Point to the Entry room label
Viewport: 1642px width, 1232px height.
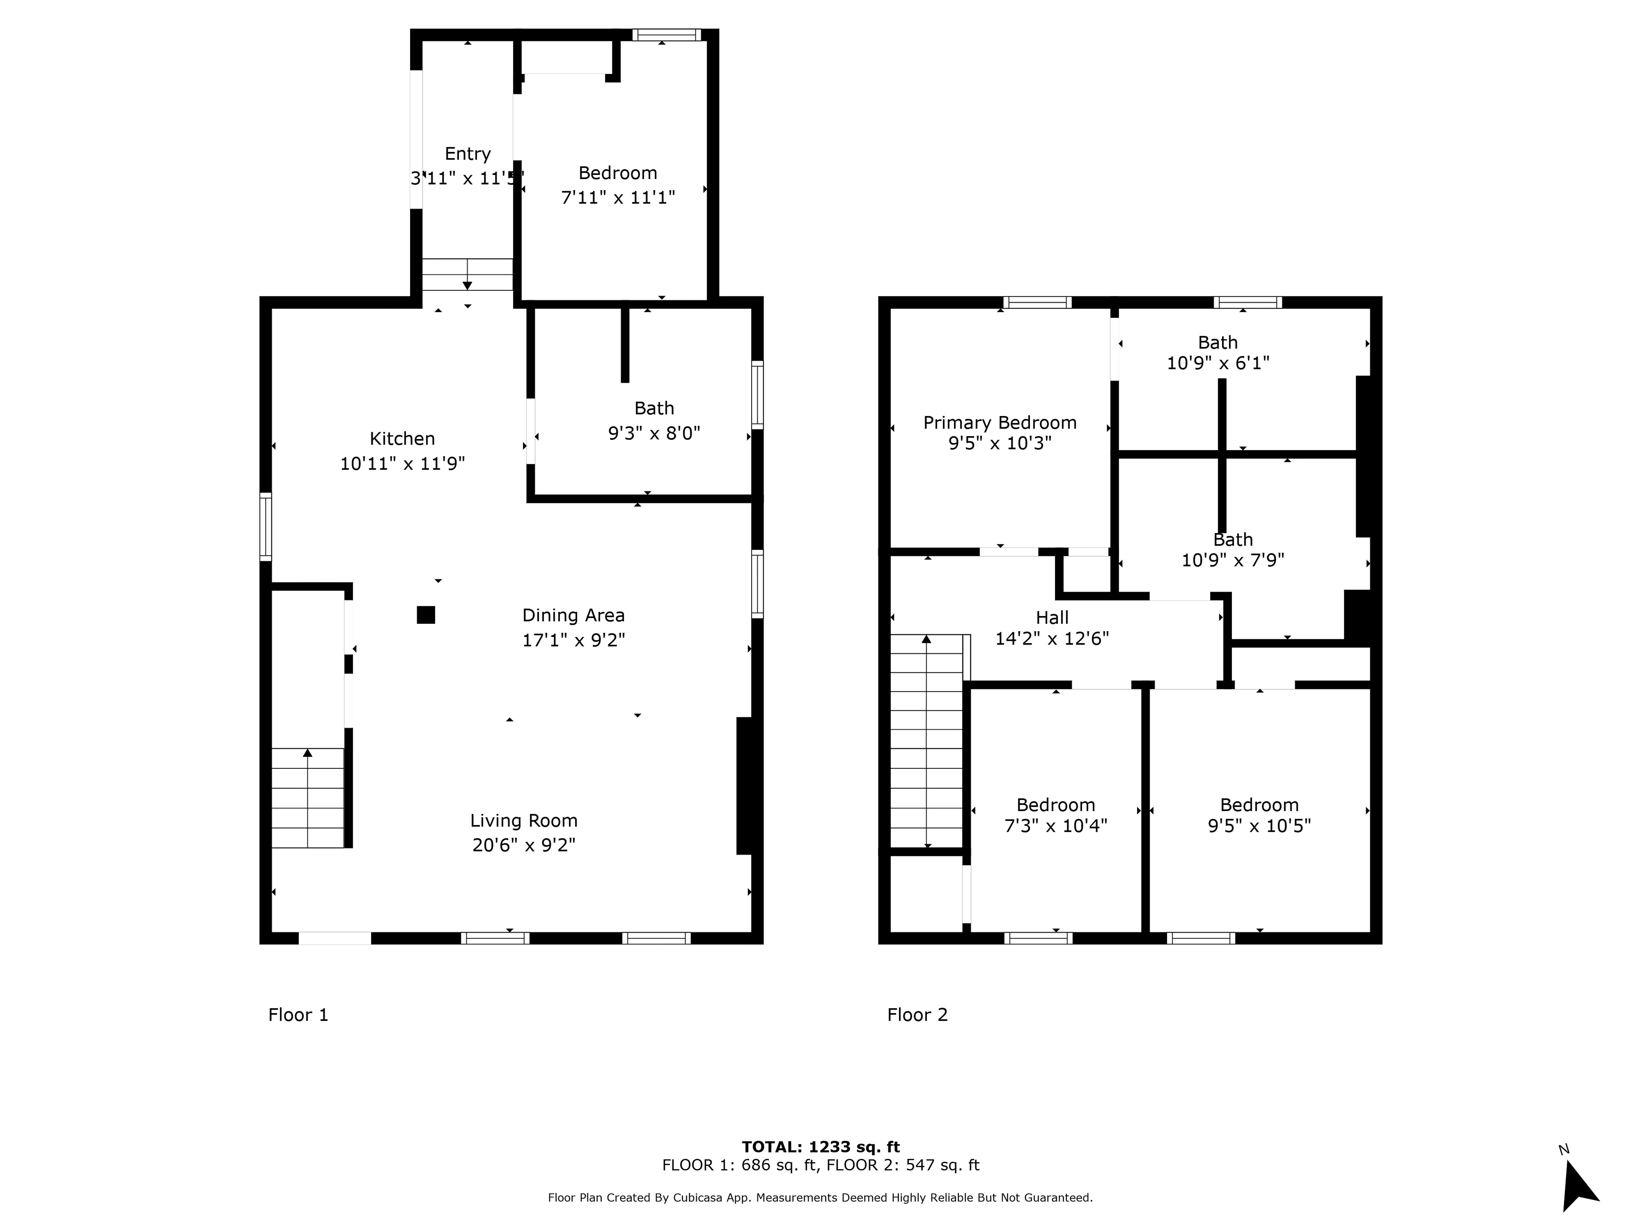[468, 154]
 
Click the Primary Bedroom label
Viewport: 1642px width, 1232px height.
[1000, 422]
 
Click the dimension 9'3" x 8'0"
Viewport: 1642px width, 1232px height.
[654, 433]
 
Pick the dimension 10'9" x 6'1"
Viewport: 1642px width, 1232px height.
[1218, 363]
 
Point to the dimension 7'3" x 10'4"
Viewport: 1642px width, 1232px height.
[1056, 826]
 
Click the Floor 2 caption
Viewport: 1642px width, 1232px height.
[918, 1015]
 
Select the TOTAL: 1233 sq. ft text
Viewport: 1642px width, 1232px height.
[821, 1147]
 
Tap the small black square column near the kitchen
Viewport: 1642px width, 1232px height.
[425, 615]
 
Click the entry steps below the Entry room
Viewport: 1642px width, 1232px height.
[468, 275]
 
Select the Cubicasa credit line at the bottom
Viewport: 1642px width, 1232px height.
[820, 1198]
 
